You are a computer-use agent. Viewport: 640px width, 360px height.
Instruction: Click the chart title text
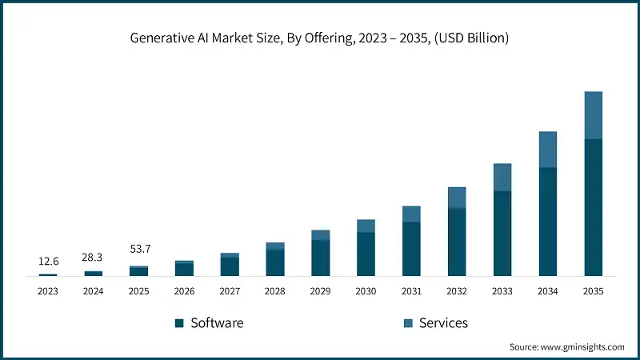(x=320, y=38)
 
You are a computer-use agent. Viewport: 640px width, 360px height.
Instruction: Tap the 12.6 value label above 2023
(x=48, y=262)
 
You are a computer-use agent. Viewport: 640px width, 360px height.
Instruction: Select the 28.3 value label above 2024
(x=93, y=257)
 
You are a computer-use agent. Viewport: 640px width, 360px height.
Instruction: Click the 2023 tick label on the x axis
(x=48, y=291)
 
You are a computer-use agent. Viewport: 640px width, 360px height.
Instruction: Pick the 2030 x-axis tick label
(x=366, y=291)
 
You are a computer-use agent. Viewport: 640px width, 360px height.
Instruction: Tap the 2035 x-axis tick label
(x=593, y=291)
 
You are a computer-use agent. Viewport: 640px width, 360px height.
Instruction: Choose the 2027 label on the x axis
(x=230, y=291)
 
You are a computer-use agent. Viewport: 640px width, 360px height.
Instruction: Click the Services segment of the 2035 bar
(x=593, y=115)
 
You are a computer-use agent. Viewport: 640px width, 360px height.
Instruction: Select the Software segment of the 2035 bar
(x=593, y=208)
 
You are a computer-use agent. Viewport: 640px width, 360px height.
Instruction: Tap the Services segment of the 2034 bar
(x=547, y=150)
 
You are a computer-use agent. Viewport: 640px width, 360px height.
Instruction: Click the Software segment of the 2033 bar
(x=502, y=234)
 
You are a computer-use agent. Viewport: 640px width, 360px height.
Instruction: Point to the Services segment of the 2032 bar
(x=457, y=198)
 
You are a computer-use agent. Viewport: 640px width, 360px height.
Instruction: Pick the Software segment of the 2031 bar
(x=411, y=249)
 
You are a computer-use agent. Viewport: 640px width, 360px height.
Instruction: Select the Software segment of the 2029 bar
(x=320, y=258)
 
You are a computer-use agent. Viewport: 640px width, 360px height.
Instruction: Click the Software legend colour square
(x=179, y=323)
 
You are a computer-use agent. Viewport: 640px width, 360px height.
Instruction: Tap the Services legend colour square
(x=408, y=323)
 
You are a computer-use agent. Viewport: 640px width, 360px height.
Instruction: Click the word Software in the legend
(x=217, y=323)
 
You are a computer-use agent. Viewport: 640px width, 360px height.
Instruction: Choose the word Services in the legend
(x=443, y=323)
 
